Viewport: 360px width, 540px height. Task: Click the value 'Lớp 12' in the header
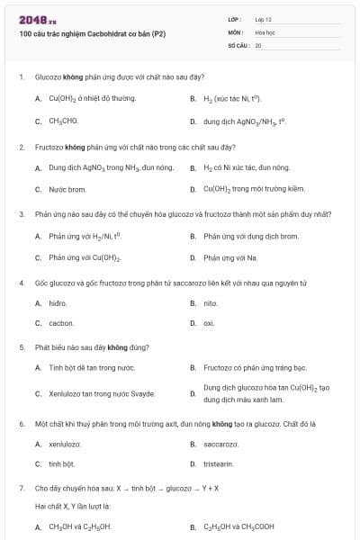tap(263, 19)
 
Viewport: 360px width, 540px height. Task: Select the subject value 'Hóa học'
tap(265, 31)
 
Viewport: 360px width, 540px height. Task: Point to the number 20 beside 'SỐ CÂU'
tap(258, 44)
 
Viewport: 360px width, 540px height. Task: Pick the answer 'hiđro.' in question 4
tap(58, 304)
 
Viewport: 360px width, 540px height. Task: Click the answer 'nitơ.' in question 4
tap(211, 304)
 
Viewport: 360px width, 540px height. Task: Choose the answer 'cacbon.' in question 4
tap(61, 322)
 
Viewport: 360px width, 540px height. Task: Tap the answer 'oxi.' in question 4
tap(209, 322)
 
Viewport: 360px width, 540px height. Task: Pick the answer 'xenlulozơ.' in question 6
tap(65, 445)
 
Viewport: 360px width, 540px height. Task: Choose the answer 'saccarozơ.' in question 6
tap(220, 445)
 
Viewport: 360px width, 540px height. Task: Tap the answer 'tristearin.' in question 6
tap(219, 463)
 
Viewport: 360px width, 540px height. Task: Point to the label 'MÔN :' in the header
tap(236, 31)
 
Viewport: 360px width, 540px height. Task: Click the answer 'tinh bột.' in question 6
tap(61, 463)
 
